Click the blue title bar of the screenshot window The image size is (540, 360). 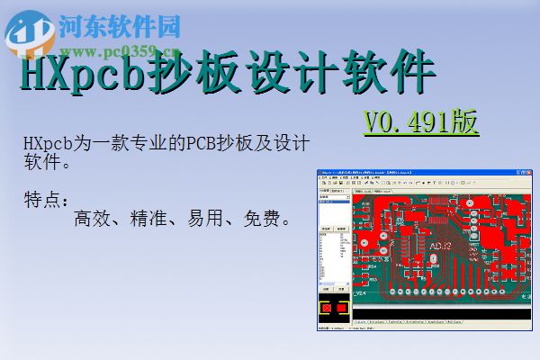[405, 174]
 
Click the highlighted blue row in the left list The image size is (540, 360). [333, 202]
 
